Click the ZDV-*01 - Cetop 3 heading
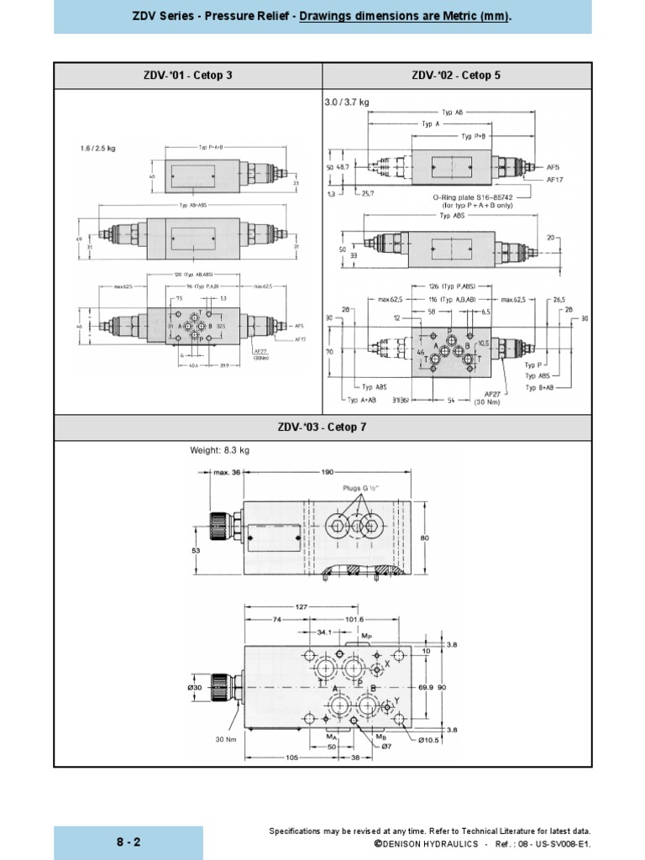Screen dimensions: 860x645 188,76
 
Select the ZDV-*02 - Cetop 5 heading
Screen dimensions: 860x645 456,76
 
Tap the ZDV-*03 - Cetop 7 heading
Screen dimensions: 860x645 322,427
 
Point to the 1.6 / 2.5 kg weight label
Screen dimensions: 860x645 97,148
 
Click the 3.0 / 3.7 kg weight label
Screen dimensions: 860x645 347,102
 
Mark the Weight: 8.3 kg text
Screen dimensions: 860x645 220,451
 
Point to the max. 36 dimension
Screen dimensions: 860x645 227,472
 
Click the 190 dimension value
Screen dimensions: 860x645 326,472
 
